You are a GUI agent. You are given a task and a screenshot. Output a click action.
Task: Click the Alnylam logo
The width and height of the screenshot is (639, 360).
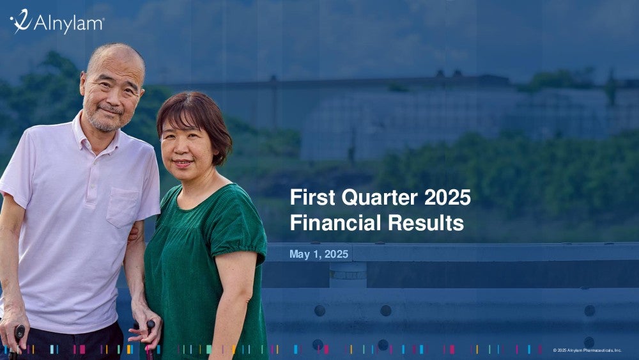(x=57, y=21)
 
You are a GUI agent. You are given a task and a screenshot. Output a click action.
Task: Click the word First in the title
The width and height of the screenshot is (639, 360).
(x=312, y=198)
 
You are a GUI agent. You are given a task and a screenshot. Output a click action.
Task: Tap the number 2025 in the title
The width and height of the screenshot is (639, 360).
(x=447, y=198)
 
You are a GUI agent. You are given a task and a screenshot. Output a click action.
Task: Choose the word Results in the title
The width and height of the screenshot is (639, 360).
(x=426, y=223)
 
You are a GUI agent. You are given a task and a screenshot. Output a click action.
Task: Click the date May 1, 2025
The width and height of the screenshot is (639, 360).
(x=319, y=254)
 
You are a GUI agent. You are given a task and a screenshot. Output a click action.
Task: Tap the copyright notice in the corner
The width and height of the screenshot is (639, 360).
(x=587, y=350)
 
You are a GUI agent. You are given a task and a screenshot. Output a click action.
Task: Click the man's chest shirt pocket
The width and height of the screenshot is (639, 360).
(x=122, y=207)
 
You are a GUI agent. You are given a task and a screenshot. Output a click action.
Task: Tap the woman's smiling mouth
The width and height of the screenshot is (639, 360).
(x=183, y=163)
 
